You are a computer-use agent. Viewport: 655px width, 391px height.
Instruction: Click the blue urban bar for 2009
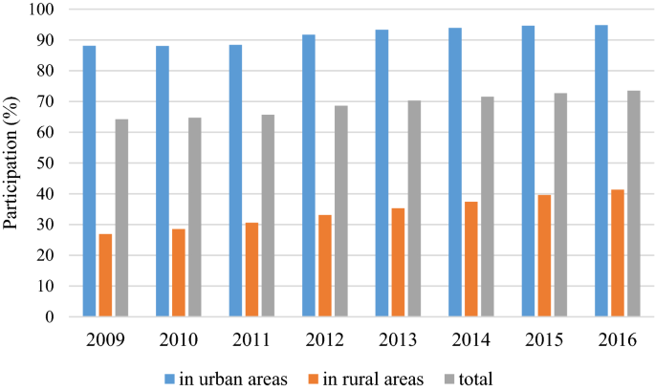[89, 181]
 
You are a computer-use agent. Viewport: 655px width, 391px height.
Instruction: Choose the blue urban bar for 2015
[528, 171]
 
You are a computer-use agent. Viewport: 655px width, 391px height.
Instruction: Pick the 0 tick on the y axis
[55, 316]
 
